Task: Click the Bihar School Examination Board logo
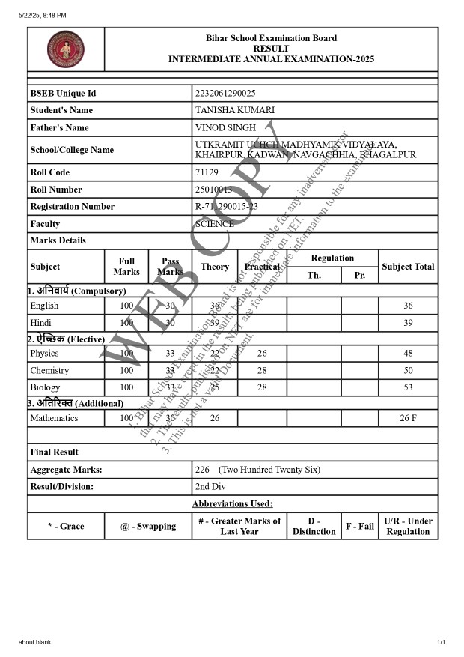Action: coord(66,49)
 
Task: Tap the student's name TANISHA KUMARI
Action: coord(234,111)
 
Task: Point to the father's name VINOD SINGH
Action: coord(225,128)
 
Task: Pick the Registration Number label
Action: coord(73,207)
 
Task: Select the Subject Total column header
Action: coord(408,267)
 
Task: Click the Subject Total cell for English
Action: coord(408,306)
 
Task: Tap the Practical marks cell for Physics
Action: coord(262,354)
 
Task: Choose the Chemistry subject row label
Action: coord(49,371)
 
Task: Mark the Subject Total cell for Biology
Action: coord(408,387)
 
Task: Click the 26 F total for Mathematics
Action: coord(408,418)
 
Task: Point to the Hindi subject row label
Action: coord(41,323)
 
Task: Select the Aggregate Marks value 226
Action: coord(202,470)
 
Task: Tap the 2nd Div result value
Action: coord(210,487)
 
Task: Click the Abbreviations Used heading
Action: coord(232,504)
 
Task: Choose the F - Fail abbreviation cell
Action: coord(359,527)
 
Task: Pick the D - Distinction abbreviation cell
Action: coord(314,527)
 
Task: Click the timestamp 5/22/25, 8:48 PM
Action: coord(43,15)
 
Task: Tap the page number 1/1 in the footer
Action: coord(441,642)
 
